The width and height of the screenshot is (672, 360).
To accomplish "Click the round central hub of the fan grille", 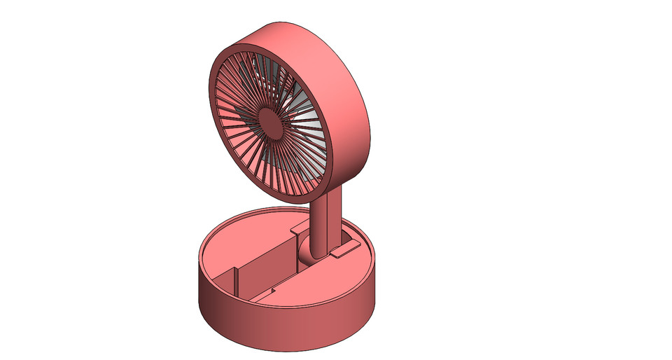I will pyautogui.click(x=269, y=120).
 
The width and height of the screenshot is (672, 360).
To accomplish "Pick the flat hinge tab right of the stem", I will pyautogui.click(x=344, y=248).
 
